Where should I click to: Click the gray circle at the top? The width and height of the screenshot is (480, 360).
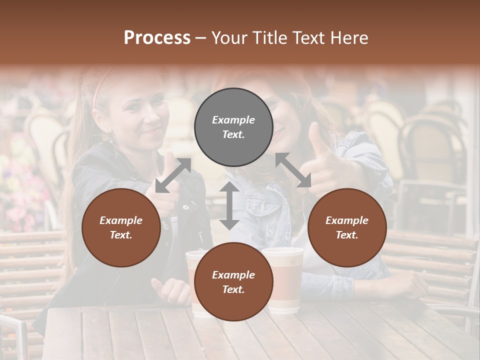[233, 127]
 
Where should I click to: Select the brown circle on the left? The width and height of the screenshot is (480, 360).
[121, 227]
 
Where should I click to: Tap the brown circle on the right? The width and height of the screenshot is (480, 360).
[347, 227]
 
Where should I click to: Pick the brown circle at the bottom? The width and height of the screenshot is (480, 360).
[233, 282]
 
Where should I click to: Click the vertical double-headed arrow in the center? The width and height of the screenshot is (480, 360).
[229, 205]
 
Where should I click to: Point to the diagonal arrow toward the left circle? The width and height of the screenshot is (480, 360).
[173, 175]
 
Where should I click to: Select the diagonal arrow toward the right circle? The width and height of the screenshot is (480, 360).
[293, 170]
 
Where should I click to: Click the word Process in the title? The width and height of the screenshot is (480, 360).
[157, 37]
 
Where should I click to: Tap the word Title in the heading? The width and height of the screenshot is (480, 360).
[270, 37]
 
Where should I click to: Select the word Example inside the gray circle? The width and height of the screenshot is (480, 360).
[233, 120]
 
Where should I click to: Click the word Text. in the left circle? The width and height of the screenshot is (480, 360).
[121, 235]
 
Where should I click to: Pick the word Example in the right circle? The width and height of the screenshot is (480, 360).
[347, 220]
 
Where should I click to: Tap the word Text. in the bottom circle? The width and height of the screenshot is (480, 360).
[233, 289]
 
